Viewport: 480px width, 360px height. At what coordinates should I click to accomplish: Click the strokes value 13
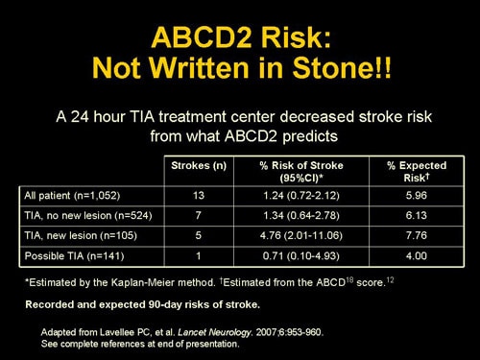199,196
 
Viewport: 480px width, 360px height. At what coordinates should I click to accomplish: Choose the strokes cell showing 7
199,217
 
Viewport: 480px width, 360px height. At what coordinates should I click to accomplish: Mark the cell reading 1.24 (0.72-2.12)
300,196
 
